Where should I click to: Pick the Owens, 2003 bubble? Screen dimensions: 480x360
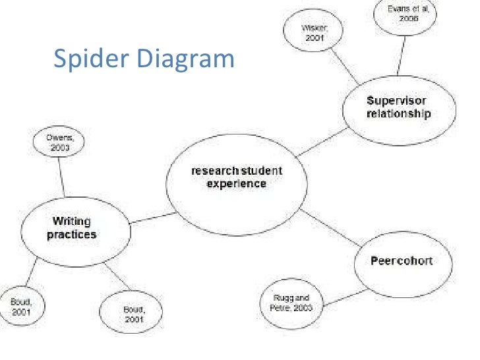59,142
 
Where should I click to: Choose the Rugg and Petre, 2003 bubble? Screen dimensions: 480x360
291,303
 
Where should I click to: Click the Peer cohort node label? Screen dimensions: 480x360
402,260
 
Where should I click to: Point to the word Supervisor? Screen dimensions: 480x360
397,101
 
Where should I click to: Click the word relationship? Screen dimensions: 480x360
398,113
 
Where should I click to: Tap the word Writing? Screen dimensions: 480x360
71,222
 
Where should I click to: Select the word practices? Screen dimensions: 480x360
71,234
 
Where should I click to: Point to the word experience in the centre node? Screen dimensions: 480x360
236,184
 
